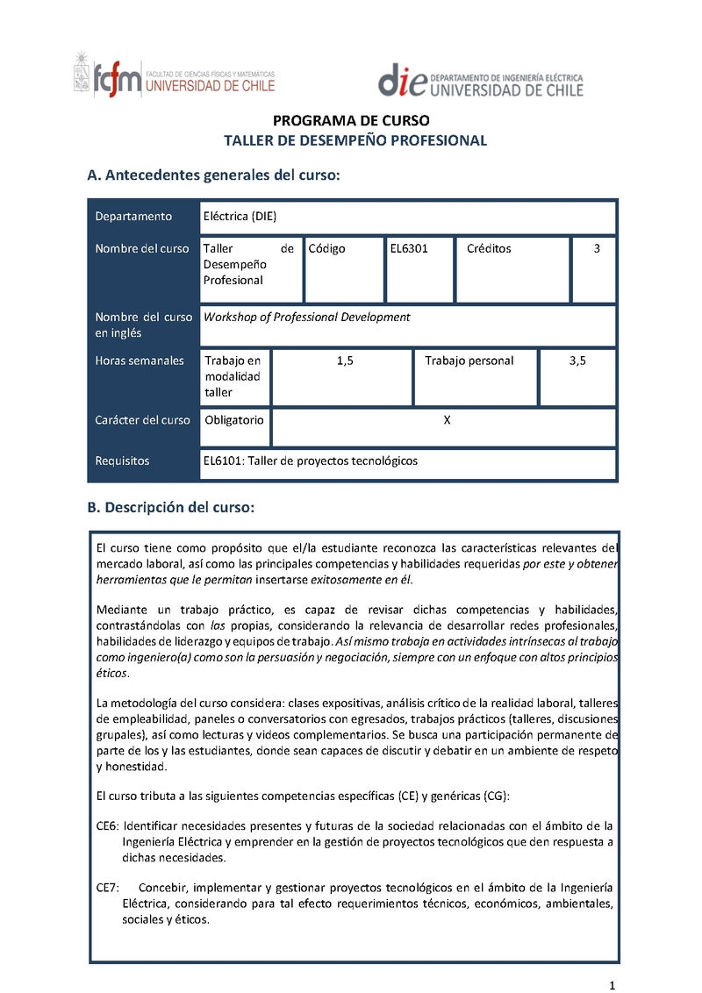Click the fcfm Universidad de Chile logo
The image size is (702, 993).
tap(174, 75)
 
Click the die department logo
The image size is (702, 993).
tap(480, 81)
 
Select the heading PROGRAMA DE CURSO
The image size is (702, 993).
tap(351, 121)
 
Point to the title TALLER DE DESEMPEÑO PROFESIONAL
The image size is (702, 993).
tap(355, 140)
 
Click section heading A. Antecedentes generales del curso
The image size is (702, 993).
tap(213, 175)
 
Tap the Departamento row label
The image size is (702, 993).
tap(134, 217)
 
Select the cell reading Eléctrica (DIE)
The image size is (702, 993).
tap(240, 217)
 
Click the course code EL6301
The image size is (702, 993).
tap(409, 248)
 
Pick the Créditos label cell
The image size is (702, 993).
tap(489, 248)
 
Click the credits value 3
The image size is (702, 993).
tap(597, 248)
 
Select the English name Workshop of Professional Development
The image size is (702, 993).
tap(307, 317)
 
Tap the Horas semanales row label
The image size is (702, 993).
tap(140, 361)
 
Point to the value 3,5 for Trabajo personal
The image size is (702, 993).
tap(577, 361)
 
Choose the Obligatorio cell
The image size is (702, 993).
tap(234, 420)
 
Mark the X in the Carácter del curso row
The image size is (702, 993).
tap(447, 420)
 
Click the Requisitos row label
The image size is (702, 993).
tap(123, 461)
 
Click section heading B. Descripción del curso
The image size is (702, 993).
tap(171, 507)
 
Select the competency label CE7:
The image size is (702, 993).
tap(107, 888)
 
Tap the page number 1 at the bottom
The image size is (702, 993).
tap(613, 980)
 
